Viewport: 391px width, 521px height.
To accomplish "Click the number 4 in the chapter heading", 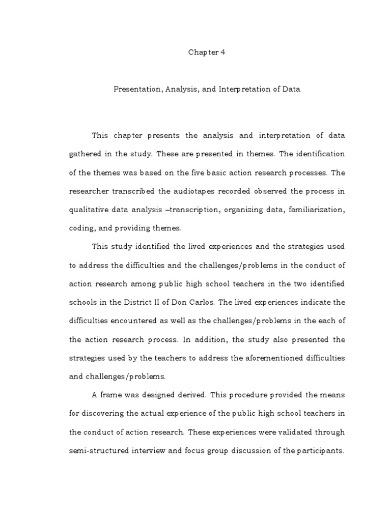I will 222,52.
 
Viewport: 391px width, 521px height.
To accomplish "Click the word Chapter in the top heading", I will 203,52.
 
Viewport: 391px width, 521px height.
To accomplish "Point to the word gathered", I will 85,154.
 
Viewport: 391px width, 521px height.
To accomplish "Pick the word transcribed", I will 141,191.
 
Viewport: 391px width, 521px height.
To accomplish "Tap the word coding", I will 80,228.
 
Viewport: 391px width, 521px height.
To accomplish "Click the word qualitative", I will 88,209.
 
